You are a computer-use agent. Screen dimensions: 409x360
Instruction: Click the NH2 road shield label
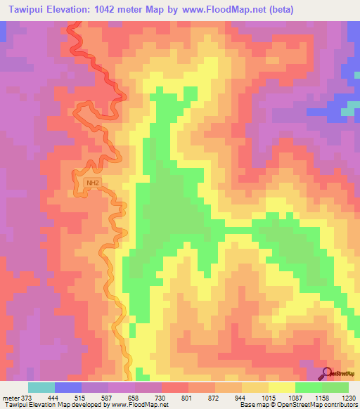coord(91,183)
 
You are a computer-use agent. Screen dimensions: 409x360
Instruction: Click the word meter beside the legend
coord(11,398)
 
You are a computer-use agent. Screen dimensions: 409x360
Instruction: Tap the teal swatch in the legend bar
coord(41,387)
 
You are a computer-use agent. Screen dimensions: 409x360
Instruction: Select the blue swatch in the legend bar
coord(68,387)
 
